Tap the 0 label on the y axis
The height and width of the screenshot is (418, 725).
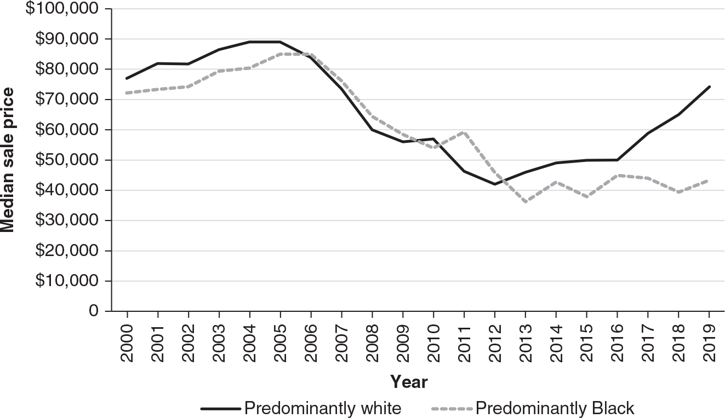(93, 311)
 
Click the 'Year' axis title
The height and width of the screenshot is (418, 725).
(409, 381)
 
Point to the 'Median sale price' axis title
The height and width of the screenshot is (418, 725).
(8, 160)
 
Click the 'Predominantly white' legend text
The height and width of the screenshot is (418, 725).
(323, 408)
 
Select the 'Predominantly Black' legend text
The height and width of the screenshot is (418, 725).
(555, 408)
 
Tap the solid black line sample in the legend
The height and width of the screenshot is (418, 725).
(220, 408)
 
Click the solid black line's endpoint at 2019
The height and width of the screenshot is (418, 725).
(710, 86)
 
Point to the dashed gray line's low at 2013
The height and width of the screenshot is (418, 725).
(526, 202)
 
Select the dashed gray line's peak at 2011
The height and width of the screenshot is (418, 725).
(465, 132)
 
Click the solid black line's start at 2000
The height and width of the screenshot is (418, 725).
(128, 78)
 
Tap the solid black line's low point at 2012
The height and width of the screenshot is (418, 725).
(495, 184)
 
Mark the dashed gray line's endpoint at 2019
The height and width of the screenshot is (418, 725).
(710, 180)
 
